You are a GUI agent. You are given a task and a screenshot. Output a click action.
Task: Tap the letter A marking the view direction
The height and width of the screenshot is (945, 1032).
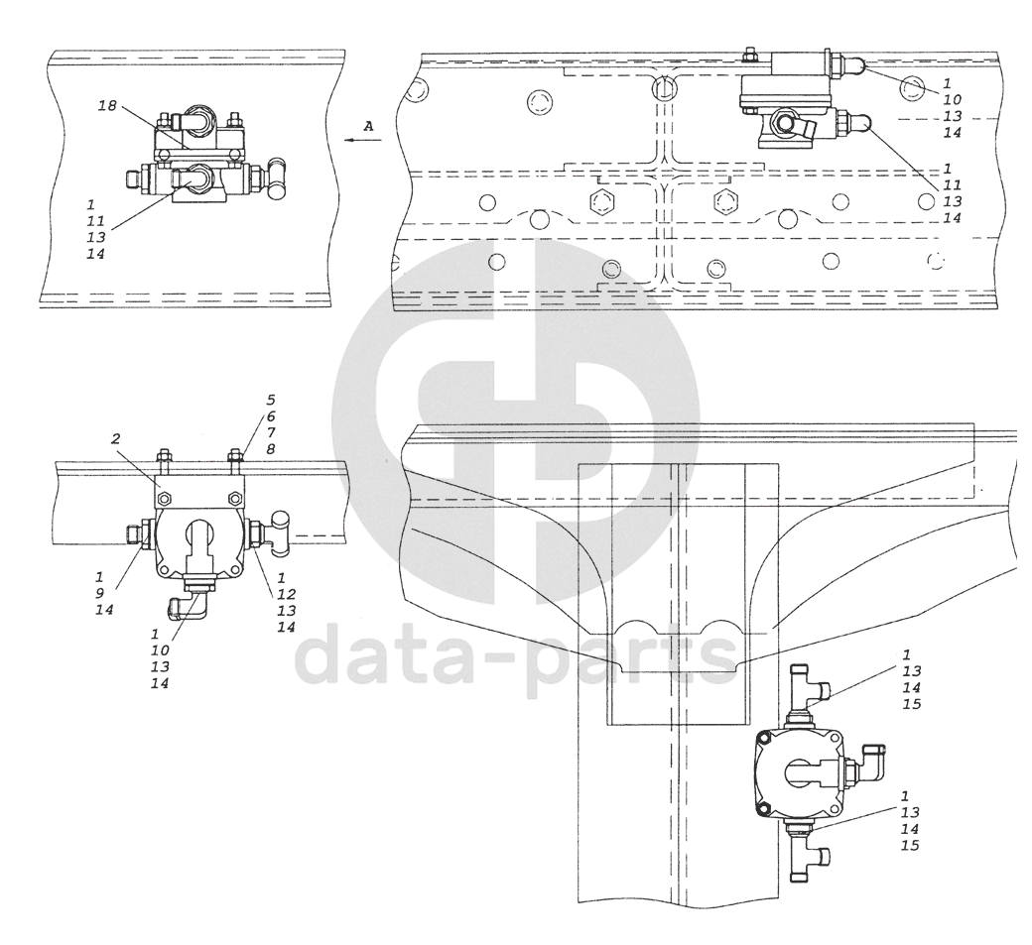tap(368, 126)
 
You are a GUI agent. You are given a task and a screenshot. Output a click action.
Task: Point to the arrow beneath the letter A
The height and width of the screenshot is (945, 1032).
tap(362, 141)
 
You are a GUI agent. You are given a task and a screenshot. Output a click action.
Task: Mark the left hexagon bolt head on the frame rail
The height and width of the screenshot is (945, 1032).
tap(601, 204)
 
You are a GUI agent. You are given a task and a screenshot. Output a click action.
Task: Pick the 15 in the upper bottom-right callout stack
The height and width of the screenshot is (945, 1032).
tap(911, 704)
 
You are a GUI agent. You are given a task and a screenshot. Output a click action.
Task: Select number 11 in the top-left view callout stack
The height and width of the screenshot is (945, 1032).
tap(92, 220)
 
